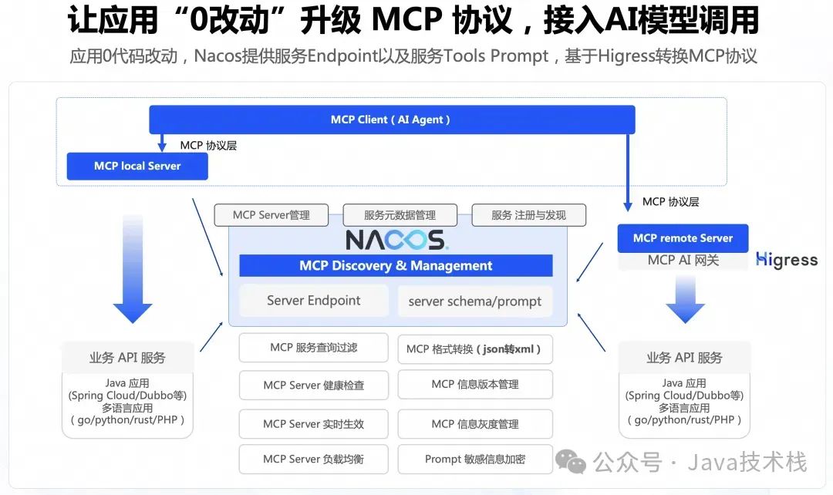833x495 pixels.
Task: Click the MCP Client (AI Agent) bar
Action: coord(392,120)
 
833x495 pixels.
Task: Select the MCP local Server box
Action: coord(137,166)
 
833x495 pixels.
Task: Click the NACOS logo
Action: coord(396,239)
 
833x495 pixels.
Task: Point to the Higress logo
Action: coord(787,260)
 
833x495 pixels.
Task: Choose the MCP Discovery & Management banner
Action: coord(396,266)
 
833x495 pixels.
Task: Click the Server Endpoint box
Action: coord(314,301)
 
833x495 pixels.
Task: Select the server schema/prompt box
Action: coord(475,301)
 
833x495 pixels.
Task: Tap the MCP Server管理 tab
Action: coord(271,215)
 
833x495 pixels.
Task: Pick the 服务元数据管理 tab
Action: coord(400,215)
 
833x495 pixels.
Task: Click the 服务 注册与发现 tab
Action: coord(528,215)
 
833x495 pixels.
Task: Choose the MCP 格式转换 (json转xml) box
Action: coord(475,349)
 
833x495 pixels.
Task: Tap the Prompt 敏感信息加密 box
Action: coord(475,459)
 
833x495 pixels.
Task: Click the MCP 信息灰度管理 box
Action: coord(475,423)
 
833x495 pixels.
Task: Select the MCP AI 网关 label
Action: coord(683,261)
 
